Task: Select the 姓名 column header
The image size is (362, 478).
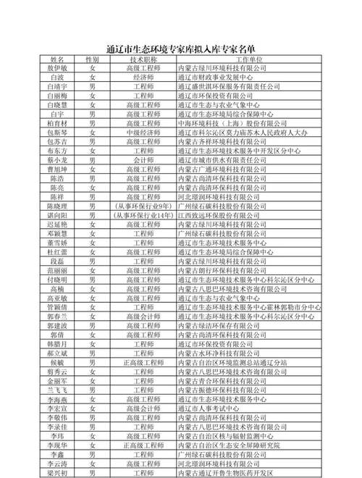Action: coord(57,58)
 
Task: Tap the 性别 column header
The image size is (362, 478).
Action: coord(92,58)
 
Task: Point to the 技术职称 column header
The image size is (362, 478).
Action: coord(143,58)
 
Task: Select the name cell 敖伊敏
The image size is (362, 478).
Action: coord(57,67)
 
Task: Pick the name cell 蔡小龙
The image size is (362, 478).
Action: coord(57,160)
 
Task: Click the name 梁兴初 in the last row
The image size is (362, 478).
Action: coord(57,472)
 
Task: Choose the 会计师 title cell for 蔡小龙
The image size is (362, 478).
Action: coord(143,160)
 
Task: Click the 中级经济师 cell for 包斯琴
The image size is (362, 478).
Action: coord(143,133)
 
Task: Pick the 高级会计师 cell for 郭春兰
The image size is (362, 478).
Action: coord(143,316)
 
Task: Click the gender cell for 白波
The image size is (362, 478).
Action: coord(92,77)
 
